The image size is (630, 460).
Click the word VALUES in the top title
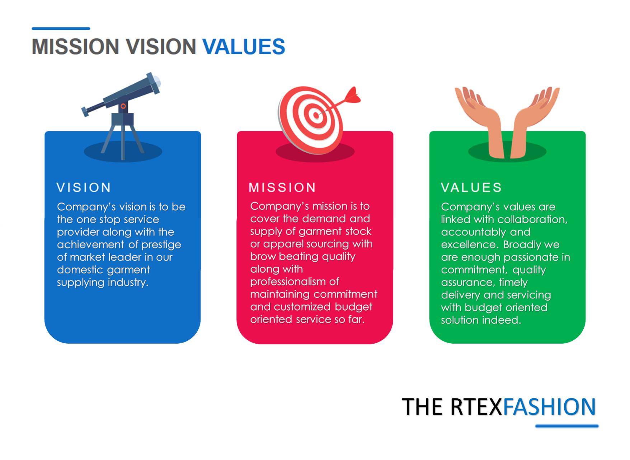coord(244,47)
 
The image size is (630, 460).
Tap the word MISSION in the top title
coord(75,47)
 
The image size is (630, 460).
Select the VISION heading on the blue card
coord(84,187)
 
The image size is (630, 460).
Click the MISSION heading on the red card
coord(282,187)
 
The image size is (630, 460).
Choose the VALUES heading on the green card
coord(471,187)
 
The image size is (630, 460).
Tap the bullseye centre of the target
coord(316,115)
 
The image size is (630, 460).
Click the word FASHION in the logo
coord(549,406)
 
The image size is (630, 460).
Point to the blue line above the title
coord(61,28)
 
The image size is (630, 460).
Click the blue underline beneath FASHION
coord(567,426)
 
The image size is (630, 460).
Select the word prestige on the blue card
coord(161,245)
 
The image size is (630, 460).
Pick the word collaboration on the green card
coord(533,219)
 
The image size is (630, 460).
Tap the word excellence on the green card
coord(470,245)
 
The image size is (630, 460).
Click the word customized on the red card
coord(302,307)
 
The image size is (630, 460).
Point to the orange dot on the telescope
coord(123,106)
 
